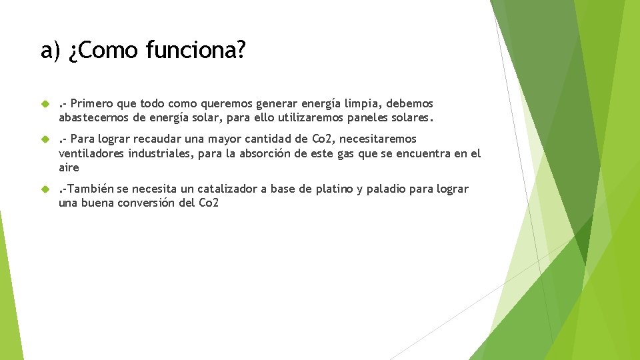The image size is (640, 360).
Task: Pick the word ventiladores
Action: tap(91, 153)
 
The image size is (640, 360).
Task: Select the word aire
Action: tap(69, 167)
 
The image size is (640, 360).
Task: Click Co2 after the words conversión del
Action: tap(209, 203)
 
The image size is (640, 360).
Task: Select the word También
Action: tap(92, 189)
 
